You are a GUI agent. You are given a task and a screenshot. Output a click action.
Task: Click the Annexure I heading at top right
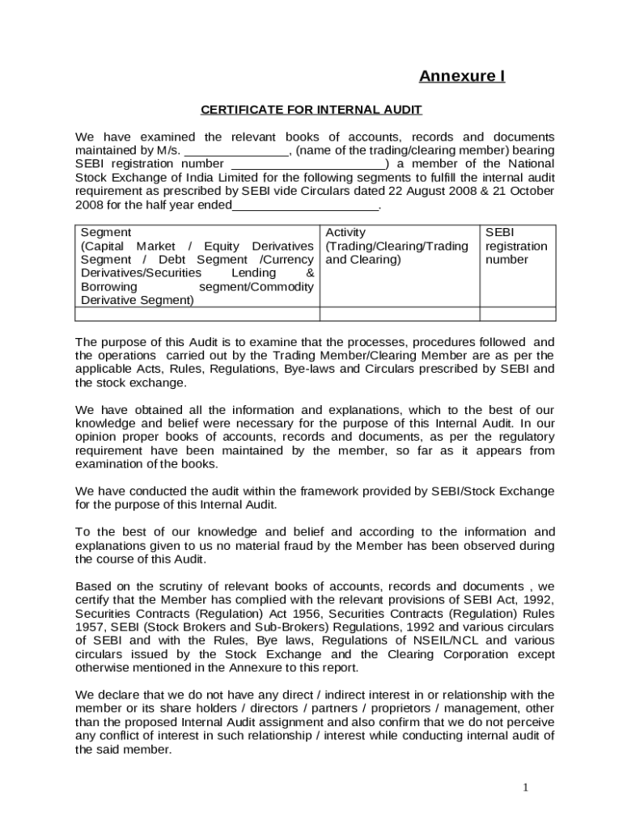pos(461,76)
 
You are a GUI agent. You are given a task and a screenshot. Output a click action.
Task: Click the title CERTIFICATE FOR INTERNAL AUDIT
pos(311,110)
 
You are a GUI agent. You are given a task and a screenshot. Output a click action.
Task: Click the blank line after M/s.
pos(237,151)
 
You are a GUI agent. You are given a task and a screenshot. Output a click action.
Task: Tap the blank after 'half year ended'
pos(305,205)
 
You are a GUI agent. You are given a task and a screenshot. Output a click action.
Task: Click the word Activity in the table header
pos(345,233)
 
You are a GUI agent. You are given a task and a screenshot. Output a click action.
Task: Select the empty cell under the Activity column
pos(399,314)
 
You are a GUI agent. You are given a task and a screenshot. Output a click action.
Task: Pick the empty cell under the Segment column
pos(197,314)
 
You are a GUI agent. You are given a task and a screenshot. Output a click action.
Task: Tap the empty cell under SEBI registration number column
pos(517,314)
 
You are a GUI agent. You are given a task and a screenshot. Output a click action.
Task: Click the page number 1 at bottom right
pos(525,788)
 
